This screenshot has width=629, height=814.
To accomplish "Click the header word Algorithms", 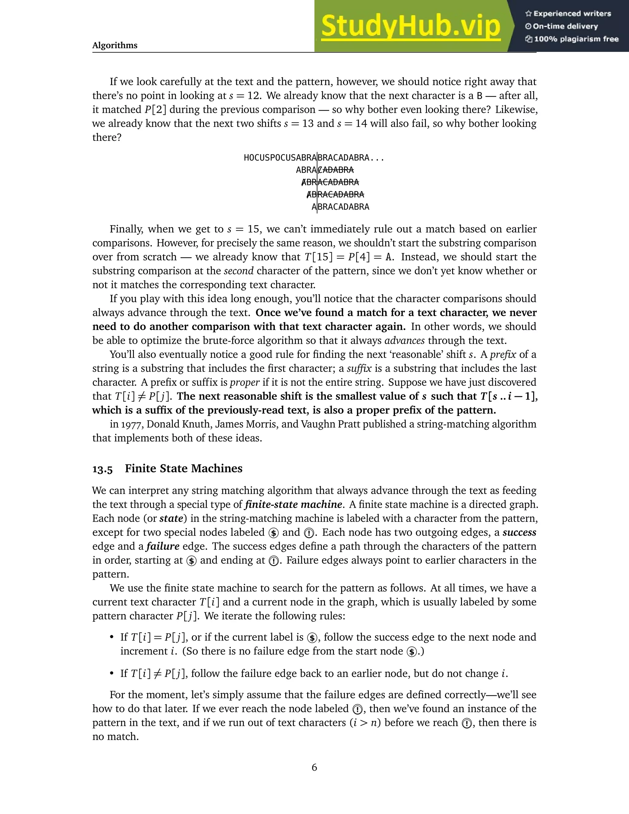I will coord(115,45).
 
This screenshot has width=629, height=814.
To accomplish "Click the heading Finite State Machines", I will coord(183,468).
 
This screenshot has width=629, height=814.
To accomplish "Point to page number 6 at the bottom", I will coord(314,767).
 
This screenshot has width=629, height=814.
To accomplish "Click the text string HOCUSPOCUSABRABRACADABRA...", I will coord(314,158).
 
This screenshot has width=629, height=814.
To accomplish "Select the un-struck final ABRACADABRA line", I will coord(340,207).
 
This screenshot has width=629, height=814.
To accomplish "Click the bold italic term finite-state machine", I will coord(293,505).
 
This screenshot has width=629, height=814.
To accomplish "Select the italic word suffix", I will coord(359,369).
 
